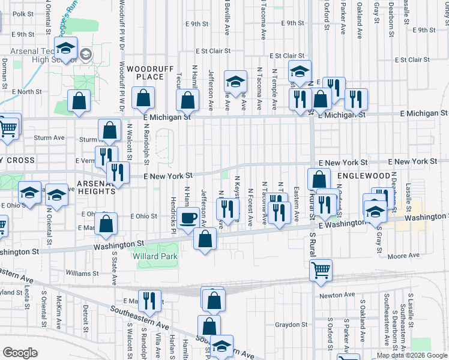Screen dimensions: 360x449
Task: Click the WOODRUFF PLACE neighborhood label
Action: click(145, 73)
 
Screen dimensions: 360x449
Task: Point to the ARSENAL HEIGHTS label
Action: click(96, 187)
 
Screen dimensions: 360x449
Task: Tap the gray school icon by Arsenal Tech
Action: click(86, 55)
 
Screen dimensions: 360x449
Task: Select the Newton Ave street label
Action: click(337, 295)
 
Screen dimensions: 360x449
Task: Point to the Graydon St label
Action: click(291, 325)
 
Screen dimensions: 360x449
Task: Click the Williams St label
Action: click(78, 272)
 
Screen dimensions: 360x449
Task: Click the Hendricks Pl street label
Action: click(173, 208)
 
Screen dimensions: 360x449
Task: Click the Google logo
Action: click(20, 353)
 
